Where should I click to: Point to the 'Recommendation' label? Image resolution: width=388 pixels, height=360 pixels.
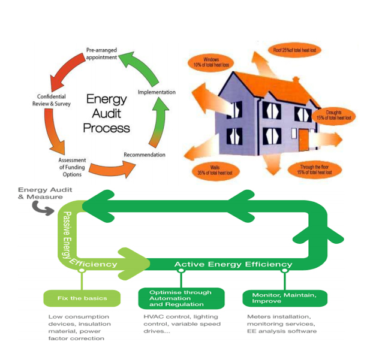tap(145, 155)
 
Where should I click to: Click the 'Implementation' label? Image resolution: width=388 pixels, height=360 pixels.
tap(157, 92)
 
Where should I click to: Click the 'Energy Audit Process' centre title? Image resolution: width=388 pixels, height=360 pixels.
tap(106, 113)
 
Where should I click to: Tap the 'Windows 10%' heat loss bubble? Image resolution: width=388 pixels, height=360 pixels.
tap(212, 62)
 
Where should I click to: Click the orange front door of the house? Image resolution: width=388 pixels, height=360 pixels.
tap(304, 140)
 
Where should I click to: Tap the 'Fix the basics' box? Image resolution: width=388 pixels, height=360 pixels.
tap(82, 298)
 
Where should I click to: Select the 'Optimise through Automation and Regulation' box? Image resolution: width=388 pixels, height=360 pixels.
tap(181, 298)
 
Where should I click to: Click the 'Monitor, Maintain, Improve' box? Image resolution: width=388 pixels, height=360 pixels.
tap(285, 298)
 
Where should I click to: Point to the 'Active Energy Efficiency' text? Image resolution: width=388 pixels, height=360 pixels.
tap(233, 264)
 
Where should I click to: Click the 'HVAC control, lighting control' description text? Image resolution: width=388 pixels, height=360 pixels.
tap(182, 324)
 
